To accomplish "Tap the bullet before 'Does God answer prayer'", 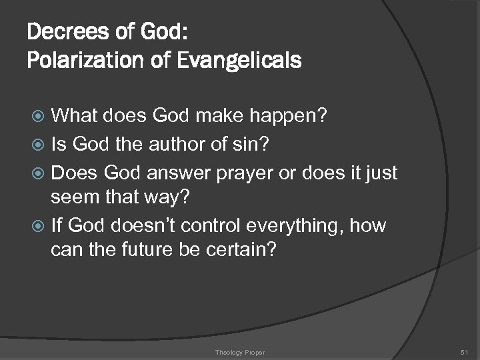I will (x=40, y=173).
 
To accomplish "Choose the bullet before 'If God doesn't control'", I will (x=40, y=226).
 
